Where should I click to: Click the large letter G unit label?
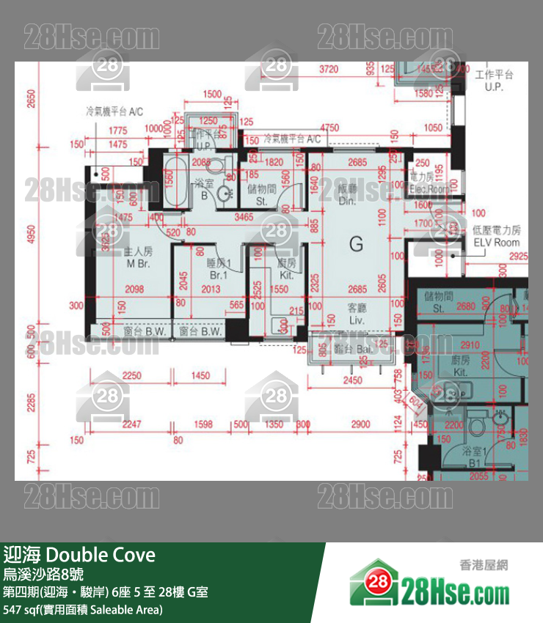(356, 244)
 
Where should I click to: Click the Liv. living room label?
(357, 321)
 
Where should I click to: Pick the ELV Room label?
(497, 243)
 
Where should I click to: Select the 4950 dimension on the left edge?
(30, 239)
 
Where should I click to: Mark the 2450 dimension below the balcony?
(353, 380)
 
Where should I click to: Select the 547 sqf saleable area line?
(83, 609)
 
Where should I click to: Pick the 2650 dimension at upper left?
(30, 98)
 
